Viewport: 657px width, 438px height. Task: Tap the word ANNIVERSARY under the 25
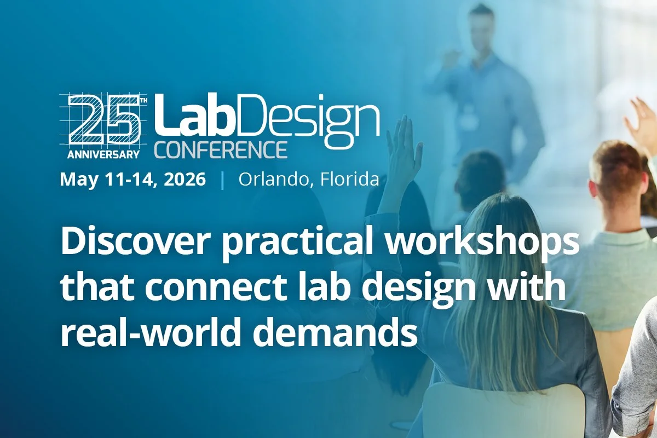[104, 154]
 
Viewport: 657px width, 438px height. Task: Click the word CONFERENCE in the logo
[221, 149]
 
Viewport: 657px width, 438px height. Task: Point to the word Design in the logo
[307, 118]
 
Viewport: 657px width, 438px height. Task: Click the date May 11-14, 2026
[133, 180]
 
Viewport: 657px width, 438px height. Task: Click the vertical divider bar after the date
[222, 180]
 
